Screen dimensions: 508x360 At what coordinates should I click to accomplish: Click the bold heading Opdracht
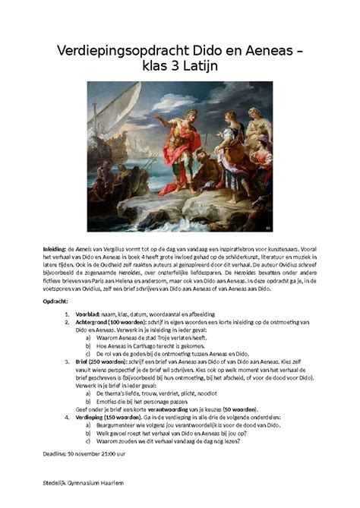(58, 301)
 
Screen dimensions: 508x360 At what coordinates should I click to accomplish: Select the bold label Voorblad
(90, 314)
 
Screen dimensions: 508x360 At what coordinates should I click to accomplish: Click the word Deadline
(56, 455)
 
